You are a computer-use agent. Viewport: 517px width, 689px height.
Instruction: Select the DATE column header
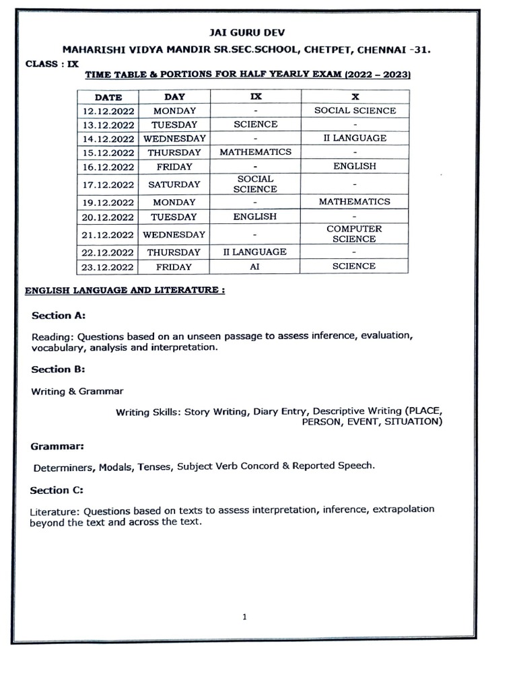coord(108,97)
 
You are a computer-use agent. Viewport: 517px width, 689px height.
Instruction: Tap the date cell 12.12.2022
coord(108,110)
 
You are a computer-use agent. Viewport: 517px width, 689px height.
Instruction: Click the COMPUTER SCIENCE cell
coord(355,233)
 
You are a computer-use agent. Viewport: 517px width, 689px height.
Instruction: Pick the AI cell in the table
coord(255,266)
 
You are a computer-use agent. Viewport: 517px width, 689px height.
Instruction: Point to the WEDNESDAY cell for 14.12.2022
coord(174,138)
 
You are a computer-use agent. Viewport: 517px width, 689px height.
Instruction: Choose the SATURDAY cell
coord(174,184)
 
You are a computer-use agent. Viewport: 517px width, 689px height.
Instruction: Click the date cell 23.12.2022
coord(108,266)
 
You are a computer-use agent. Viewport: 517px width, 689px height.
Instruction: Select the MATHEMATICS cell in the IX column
coord(255,152)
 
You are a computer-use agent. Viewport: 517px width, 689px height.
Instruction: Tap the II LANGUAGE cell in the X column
coord(355,138)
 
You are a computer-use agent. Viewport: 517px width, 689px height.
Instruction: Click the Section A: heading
coord(59,316)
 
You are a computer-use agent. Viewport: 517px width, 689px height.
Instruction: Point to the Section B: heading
coord(59,369)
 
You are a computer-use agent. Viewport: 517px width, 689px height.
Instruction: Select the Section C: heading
coord(59,490)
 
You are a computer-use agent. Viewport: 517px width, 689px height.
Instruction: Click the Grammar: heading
coord(57,445)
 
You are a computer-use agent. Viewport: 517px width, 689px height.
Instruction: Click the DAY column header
coord(174,97)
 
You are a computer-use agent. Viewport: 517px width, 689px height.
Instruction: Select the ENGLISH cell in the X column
coord(355,166)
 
